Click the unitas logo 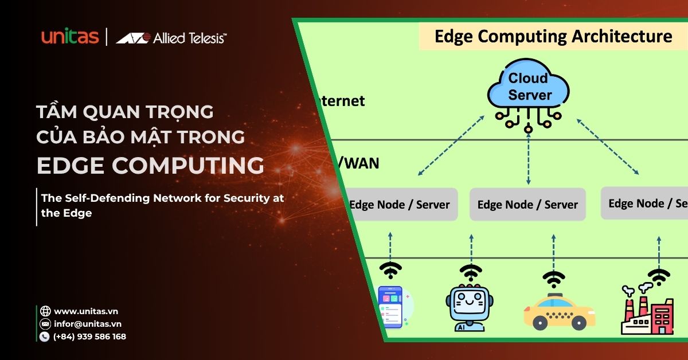70,37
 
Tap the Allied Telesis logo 171,38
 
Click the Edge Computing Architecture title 553,37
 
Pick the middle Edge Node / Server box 527,204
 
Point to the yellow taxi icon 559,312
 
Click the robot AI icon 470,308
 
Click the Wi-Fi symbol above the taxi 553,280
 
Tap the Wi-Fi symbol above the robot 471,272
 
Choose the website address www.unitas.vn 86,311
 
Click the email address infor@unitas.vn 88,324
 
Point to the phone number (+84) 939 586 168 89,336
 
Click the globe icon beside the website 45,311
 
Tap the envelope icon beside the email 45,324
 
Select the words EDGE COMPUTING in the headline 150,166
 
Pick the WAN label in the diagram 361,163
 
